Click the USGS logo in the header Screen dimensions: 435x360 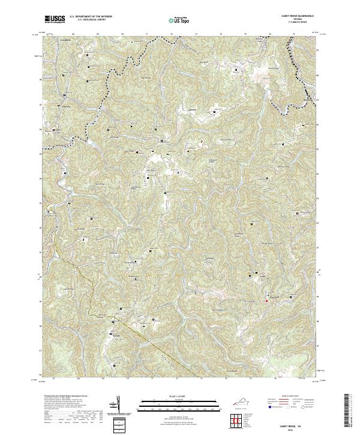[x=55, y=19]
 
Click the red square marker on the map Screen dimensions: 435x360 [x=266, y=301]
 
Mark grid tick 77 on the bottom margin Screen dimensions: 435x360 [x=299, y=379]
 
